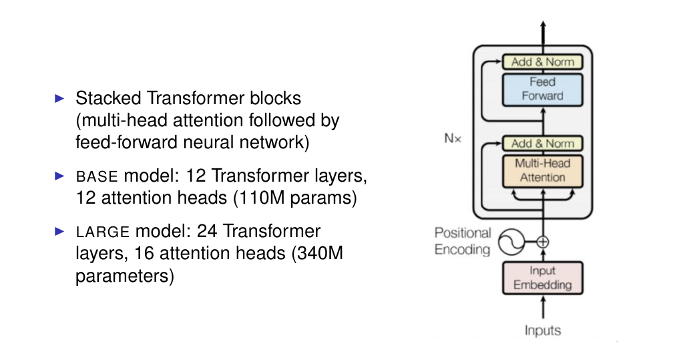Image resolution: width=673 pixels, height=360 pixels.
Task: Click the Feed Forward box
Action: [542, 89]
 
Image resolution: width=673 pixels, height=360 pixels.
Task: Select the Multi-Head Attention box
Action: [542, 170]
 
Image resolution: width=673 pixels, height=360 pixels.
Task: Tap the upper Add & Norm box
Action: [542, 62]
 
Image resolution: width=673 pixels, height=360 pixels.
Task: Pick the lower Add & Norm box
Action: [542, 143]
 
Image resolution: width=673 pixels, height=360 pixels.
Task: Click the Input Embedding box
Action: [542, 278]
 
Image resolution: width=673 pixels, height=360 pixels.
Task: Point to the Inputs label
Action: [542, 330]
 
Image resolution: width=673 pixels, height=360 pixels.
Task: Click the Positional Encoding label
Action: [463, 241]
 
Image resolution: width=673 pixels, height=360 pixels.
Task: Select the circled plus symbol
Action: [543, 242]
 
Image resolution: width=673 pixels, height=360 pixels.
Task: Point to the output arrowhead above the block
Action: [543, 24]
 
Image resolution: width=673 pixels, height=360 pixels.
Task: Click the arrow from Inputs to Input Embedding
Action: [543, 307]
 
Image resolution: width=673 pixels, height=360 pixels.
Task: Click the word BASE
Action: [97, 178]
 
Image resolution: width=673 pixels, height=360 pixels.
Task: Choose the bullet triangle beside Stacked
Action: [59, 98]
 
